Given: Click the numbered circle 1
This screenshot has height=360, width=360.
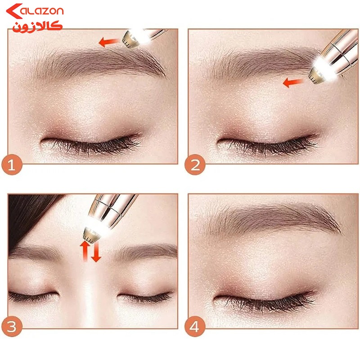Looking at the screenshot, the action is pos(12,165).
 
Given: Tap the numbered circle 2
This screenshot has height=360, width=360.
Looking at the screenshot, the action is pos(195,165).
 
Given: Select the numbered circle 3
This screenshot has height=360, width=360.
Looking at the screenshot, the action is pos(12,326).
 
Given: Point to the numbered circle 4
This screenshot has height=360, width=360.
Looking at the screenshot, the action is pos(195,326).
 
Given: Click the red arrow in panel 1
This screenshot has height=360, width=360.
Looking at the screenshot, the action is pos(109,42).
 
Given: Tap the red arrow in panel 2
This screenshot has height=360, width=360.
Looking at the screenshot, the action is pos(293,82).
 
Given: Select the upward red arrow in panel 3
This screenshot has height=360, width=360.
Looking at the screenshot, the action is pos(85,251).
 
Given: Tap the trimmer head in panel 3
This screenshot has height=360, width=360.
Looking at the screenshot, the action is pos(91,234).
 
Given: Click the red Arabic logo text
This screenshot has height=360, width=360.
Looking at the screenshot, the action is pos(37,27).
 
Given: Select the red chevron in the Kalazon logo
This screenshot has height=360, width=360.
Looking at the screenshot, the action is pos(14,11).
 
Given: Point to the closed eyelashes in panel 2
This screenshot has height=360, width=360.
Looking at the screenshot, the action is pos(269,144).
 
